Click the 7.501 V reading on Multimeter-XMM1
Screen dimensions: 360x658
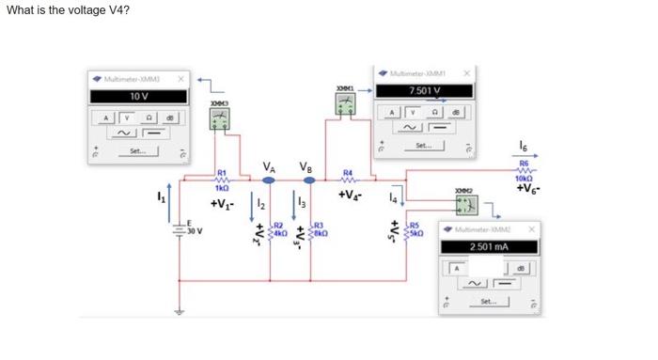pyautogui.click(x=425, y=90)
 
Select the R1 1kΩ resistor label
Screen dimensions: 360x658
pyautogui.click(x=223, y=180)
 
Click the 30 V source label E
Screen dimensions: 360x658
pyautogui.click(x=192, y=227)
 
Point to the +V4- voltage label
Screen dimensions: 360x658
pyautogui.click(x=351, y=196)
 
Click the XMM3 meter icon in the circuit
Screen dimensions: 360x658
pyautogui.click(x=219, y=117)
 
